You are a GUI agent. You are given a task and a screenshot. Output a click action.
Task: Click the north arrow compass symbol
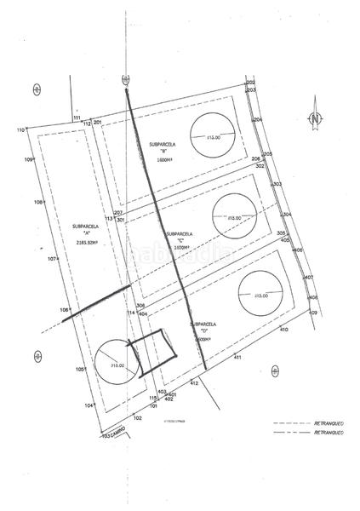click(x=315, y=119)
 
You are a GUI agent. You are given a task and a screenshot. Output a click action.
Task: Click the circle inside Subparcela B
click(x=209, y=135)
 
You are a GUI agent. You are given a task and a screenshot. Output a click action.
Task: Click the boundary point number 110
click(x=20, y=129)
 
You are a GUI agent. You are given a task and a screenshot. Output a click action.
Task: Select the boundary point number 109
click(x=28, y=160)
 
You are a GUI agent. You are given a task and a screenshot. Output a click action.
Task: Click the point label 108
click(x=37, y=202)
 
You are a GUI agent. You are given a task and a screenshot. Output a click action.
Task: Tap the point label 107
click(x=52, y=258)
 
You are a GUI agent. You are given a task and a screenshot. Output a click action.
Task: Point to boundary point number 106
click(x=65, y=310)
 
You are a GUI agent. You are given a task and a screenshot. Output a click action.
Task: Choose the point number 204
click(x=258, y=121)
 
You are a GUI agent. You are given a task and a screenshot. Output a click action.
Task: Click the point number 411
click(x=238, y=356)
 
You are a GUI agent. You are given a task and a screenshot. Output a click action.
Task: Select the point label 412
click(x=194, y=384)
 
